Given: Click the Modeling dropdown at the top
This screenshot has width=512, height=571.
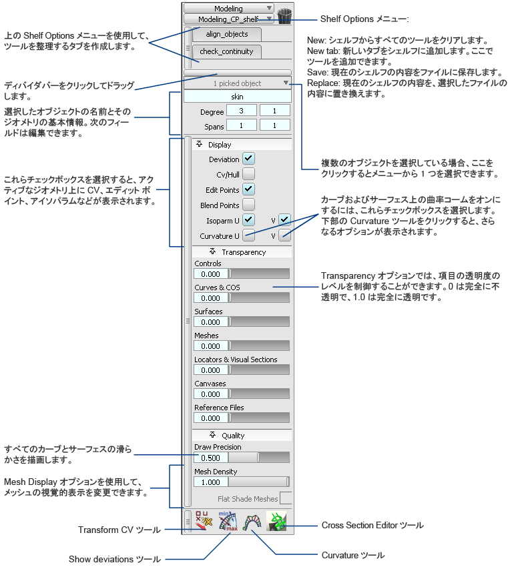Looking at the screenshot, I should [228, 9].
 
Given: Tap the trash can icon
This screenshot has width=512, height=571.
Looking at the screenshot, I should [285, 17].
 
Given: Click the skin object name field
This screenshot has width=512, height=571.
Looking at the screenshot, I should [237, 97].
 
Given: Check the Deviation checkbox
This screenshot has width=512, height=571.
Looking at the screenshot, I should [248, 159].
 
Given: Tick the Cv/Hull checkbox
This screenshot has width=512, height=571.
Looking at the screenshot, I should [248, 174].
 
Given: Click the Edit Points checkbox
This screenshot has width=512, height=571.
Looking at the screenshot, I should [248, 189].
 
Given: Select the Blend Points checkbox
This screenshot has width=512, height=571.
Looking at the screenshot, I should [248, 205].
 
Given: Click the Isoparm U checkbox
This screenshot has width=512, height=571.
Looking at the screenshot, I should [248, 219].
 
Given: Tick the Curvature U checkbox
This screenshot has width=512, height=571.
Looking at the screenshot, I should [248, 235].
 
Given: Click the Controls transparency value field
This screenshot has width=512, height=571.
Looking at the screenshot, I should [211, 274].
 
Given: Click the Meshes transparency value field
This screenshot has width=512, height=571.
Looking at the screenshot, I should [211, 346].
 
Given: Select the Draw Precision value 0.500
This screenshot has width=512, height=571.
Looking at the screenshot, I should [211, 458].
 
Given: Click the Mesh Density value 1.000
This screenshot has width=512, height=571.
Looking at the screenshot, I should [211, 482].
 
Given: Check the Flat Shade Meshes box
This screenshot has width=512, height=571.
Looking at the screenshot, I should [286, 498].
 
